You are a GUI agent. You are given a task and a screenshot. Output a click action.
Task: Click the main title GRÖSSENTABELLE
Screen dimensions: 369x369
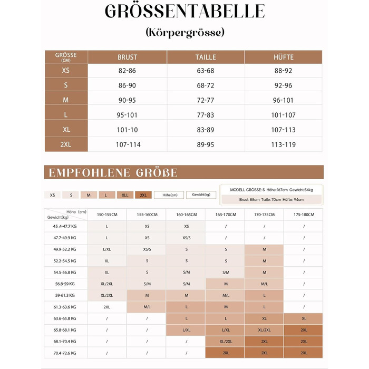coord(184,12)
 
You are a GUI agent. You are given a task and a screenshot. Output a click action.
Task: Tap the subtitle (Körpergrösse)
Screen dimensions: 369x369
coord(184,32)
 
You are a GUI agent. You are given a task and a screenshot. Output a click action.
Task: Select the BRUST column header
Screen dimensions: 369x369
coord(127,57)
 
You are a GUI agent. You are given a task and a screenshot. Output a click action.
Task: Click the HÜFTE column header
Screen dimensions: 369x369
coord(284,57)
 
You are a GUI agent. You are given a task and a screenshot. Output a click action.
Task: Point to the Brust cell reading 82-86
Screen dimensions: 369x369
coord(127,71)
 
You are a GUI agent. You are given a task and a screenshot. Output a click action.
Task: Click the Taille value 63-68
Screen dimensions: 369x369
coord(206,71)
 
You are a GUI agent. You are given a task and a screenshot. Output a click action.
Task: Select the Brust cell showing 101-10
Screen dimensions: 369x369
coord(127,130)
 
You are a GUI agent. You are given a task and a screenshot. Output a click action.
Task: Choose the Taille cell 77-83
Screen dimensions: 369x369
coord(206,115)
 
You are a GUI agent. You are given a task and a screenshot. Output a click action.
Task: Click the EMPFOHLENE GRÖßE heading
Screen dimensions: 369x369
coord(113,173)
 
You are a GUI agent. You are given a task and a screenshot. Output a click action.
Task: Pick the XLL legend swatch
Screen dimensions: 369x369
coord(125,195)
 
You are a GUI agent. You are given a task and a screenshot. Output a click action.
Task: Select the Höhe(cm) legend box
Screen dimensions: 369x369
coord(169,195)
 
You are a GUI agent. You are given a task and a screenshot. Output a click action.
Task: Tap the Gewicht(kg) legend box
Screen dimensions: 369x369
coord(201,195)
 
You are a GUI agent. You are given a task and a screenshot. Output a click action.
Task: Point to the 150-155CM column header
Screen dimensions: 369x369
coord(107,215)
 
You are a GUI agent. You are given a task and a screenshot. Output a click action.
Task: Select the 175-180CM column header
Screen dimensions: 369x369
coord(304,215)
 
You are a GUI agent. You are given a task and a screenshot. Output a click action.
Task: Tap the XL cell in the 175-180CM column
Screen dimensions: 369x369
coord(304,318)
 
